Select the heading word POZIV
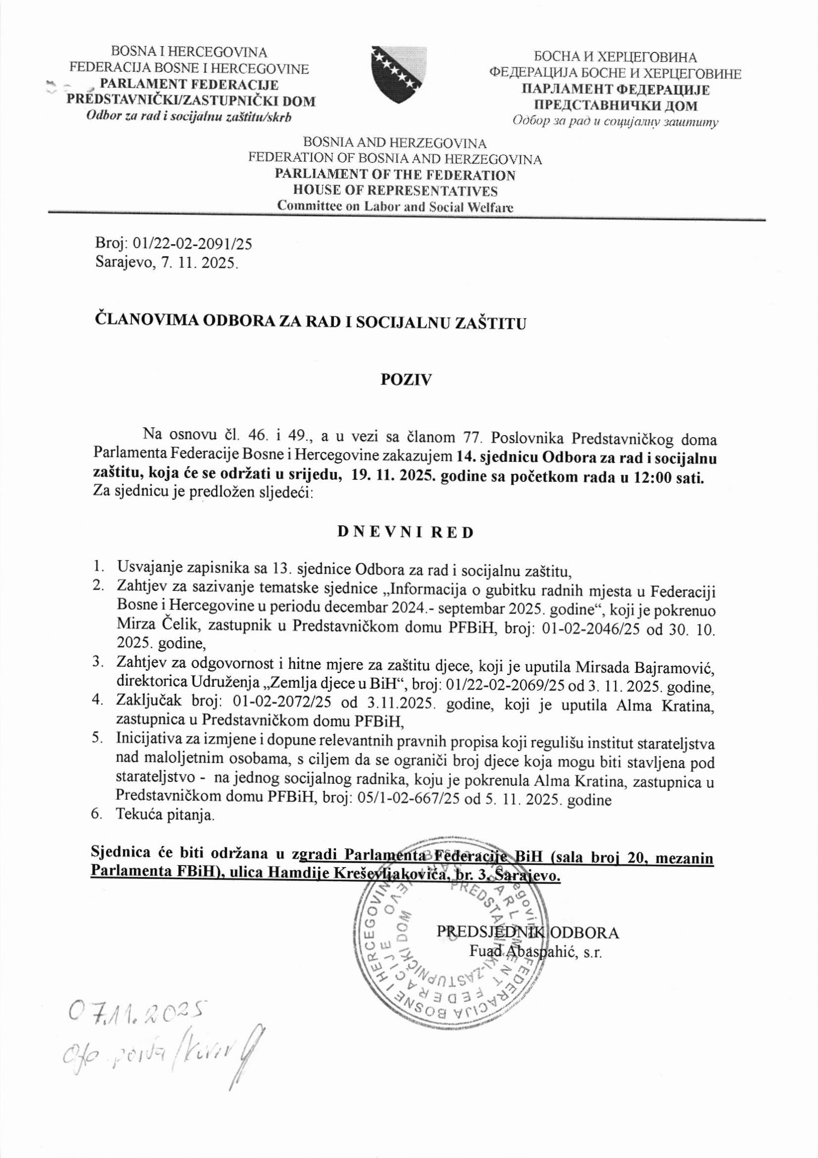[x=406, y=380]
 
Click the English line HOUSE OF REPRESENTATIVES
[x=395, y=191]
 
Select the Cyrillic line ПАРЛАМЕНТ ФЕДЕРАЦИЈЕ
[x=615, y=90]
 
